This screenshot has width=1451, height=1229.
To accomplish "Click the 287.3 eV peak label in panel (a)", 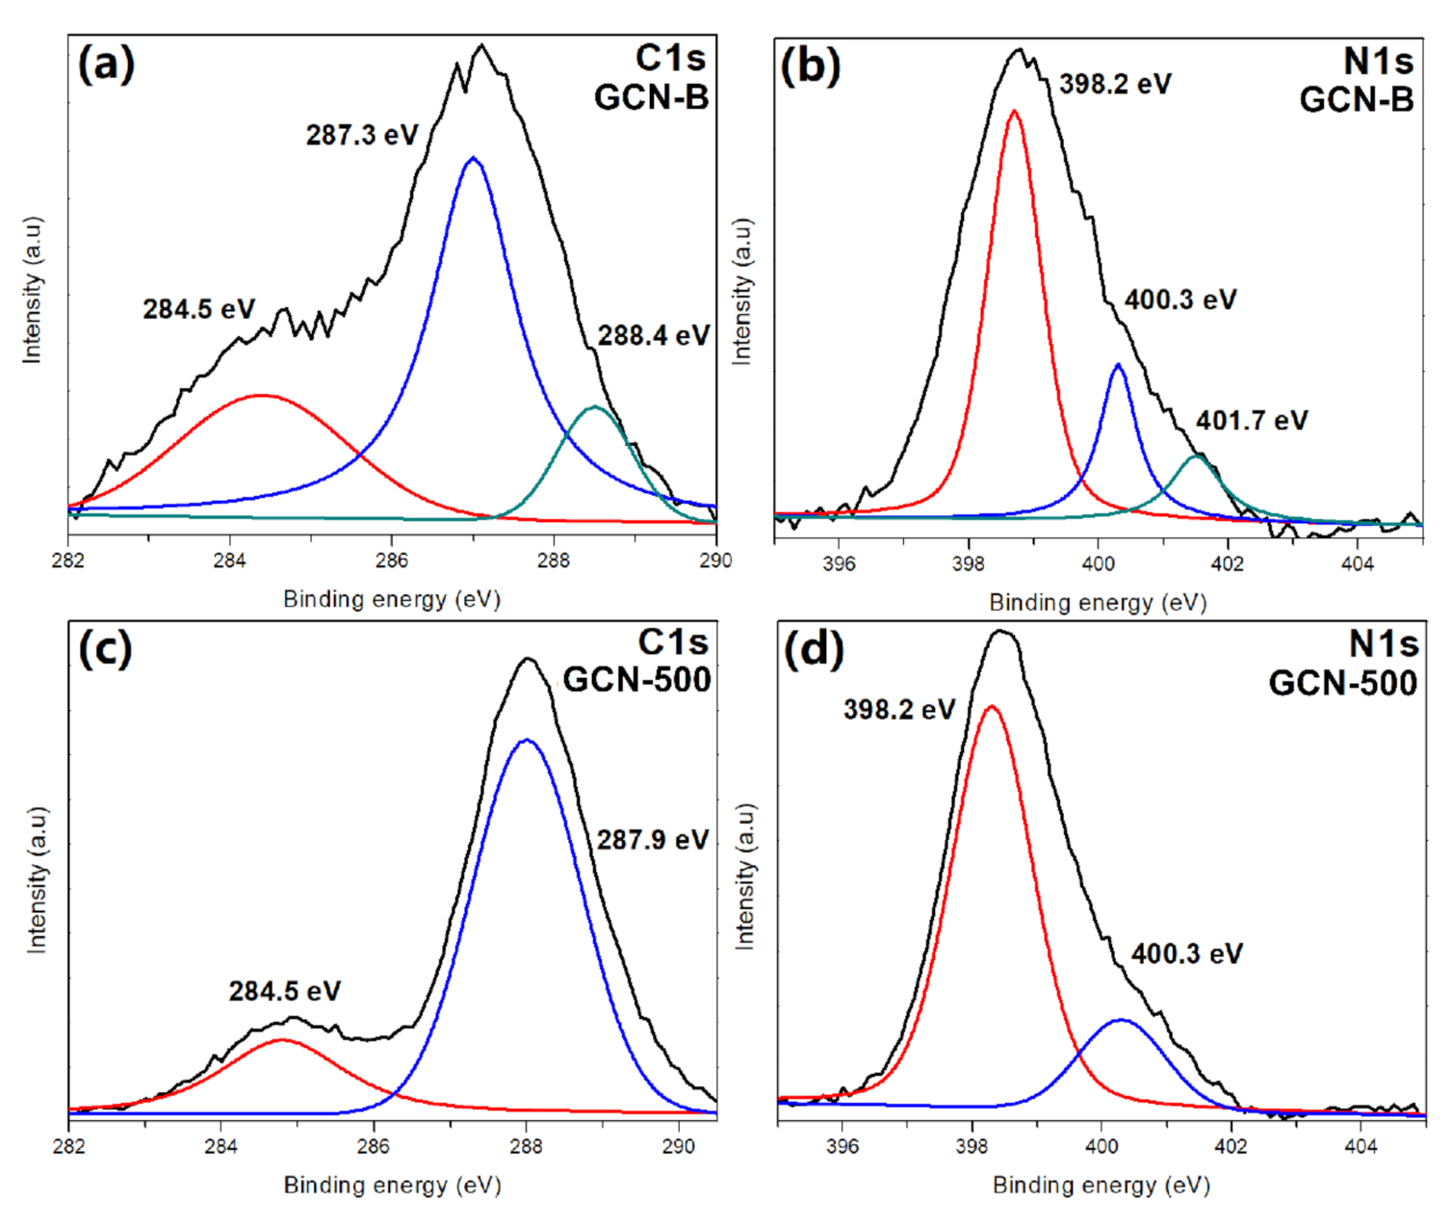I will (x=362, y=135).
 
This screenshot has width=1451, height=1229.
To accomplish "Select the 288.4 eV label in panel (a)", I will (x=654, y=335).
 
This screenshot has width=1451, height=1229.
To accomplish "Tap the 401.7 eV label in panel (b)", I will (x=1252, y=421).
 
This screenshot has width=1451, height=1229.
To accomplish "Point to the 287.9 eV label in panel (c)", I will (x=652, y=840).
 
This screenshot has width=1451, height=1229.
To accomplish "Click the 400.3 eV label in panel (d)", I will (x=1186, y=954).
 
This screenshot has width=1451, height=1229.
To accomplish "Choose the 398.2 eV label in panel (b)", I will (x=1115, y=85).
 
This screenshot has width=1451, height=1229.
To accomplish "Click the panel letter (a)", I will (x=106, y=65).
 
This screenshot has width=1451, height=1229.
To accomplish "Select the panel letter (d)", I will (x=814, y=650).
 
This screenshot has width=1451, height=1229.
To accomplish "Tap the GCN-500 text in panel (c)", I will (x=636, y=680).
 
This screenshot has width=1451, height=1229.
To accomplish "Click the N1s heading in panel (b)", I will (x=1378, y=62).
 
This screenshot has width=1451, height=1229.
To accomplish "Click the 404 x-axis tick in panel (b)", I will (x=1357, y=563).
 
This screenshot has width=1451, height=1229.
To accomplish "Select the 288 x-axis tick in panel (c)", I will (x=526, y=1147).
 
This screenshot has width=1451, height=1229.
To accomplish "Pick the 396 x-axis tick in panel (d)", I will (x=842, y=1147).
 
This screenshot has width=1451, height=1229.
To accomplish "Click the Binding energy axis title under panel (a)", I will (x=392, y=599).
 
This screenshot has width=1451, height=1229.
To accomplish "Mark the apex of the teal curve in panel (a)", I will (x=594, y=407).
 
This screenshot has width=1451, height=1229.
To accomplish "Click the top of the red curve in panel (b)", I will (x=1014, y=111).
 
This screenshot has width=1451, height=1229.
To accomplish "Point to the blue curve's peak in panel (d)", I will (x=1121, y=1020).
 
